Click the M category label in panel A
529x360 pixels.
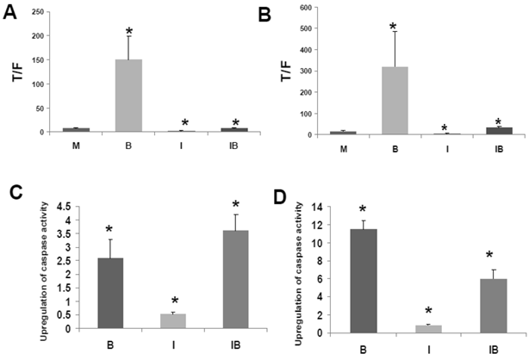pyautogui.click(x=70, y=145)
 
